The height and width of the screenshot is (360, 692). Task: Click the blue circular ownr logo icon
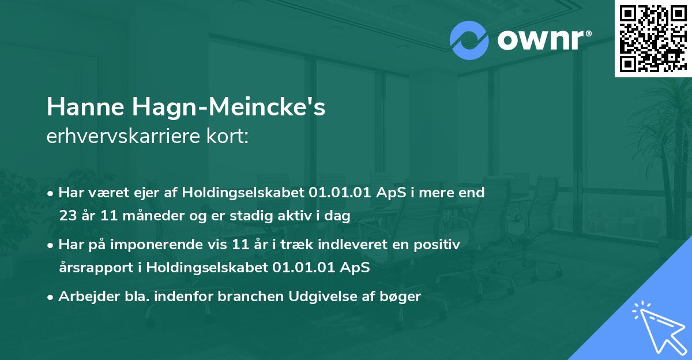click(469, 40)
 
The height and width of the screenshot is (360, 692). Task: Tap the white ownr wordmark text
click(544, 40)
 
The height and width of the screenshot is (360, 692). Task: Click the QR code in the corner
click(653, 38)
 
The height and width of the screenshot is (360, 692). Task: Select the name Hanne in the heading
click(85, 107)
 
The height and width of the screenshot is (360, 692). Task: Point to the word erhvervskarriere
click(123, 136)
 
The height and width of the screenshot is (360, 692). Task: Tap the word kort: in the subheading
click(227, 136)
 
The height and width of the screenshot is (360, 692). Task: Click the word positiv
click(437, 245)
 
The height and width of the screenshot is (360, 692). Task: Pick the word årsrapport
click(96, 268)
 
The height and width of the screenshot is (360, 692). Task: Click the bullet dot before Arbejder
click(50, 298)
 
